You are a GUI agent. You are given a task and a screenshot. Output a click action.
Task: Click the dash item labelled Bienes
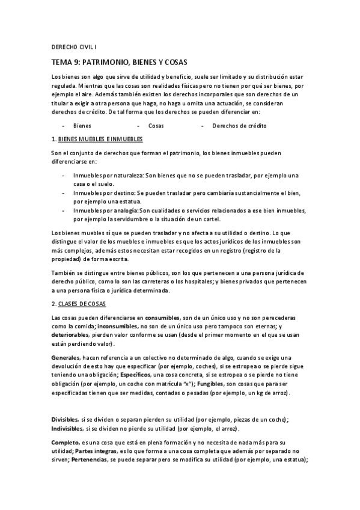(x=82, y=126)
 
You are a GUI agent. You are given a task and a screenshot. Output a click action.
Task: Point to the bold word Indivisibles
(x=67, y=428)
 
